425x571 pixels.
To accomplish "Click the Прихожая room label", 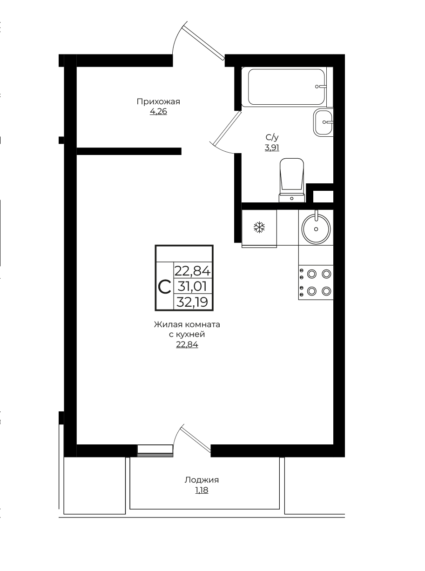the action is point(158,102).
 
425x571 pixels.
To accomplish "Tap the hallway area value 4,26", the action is point(158,112).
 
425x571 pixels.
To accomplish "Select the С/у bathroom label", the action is point(272,138).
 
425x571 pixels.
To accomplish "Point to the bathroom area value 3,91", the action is point(272,148).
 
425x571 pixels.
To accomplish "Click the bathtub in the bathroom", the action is point(287,87).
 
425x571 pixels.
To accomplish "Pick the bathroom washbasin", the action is point(323,122).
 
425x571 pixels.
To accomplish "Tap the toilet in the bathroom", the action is point(292,180).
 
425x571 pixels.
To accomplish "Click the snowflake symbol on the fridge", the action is point(259,227).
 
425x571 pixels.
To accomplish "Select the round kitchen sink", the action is point(316,229).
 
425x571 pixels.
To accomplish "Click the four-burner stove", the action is point(316,282).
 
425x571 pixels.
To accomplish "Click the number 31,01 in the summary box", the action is point(192,286).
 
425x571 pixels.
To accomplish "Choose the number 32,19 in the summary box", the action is point(192,302).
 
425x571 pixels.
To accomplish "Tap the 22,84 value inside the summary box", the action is point(193,270).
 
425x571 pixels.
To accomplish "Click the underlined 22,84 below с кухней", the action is point(187,344).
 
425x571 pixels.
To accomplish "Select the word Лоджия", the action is point(202,480).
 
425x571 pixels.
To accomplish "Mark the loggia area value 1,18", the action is point(202,490).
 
